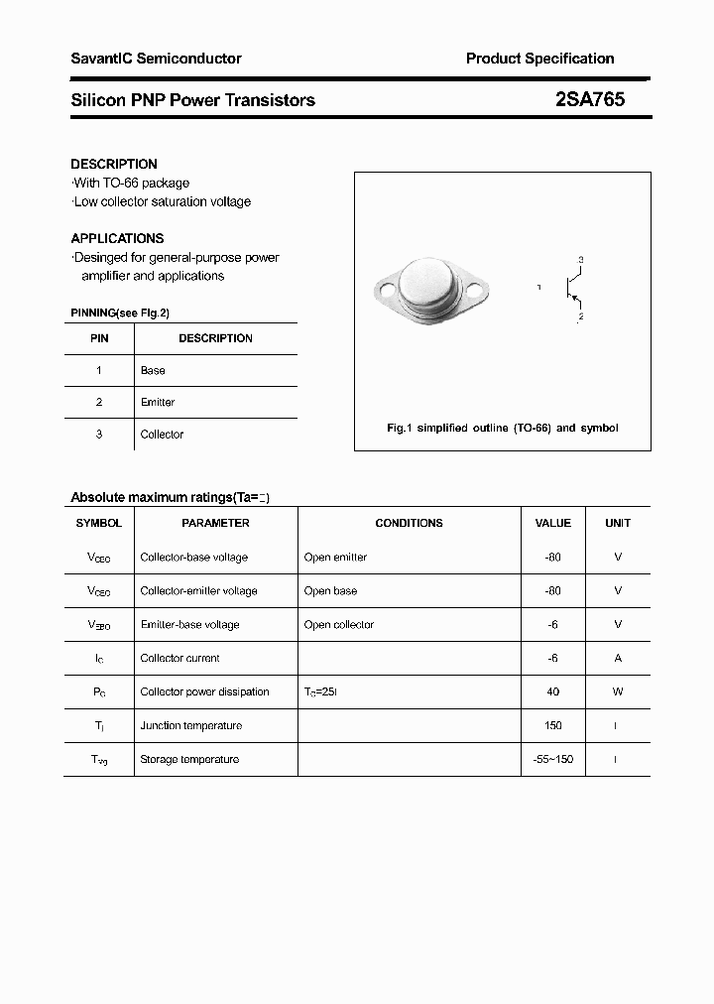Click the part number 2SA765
click(x=590, y=99)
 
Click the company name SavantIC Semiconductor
click(x=156, y=59)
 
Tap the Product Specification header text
click(x=539, y=59)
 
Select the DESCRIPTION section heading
click(x=114, y=164)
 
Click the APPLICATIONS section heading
click(x=117, y=238)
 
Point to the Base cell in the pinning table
click(x=153, y=370)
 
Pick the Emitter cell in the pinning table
click(x=158, y=402)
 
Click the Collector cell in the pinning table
click(x=162, y=434)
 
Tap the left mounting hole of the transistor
click(x=386, y=292)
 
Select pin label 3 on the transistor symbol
click(x=580, y=260)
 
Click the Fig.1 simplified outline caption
click(x=502, y=428)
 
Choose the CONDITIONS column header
click(x=409, y=523)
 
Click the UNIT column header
click(x=618, y=523)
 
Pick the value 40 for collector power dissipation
click(x=552, y=691)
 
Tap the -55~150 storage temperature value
click(x=552, y=759)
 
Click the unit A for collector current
click(x=618, y=658)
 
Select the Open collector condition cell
click(x=339, y=624)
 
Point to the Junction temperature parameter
click(x=191, y=725)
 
